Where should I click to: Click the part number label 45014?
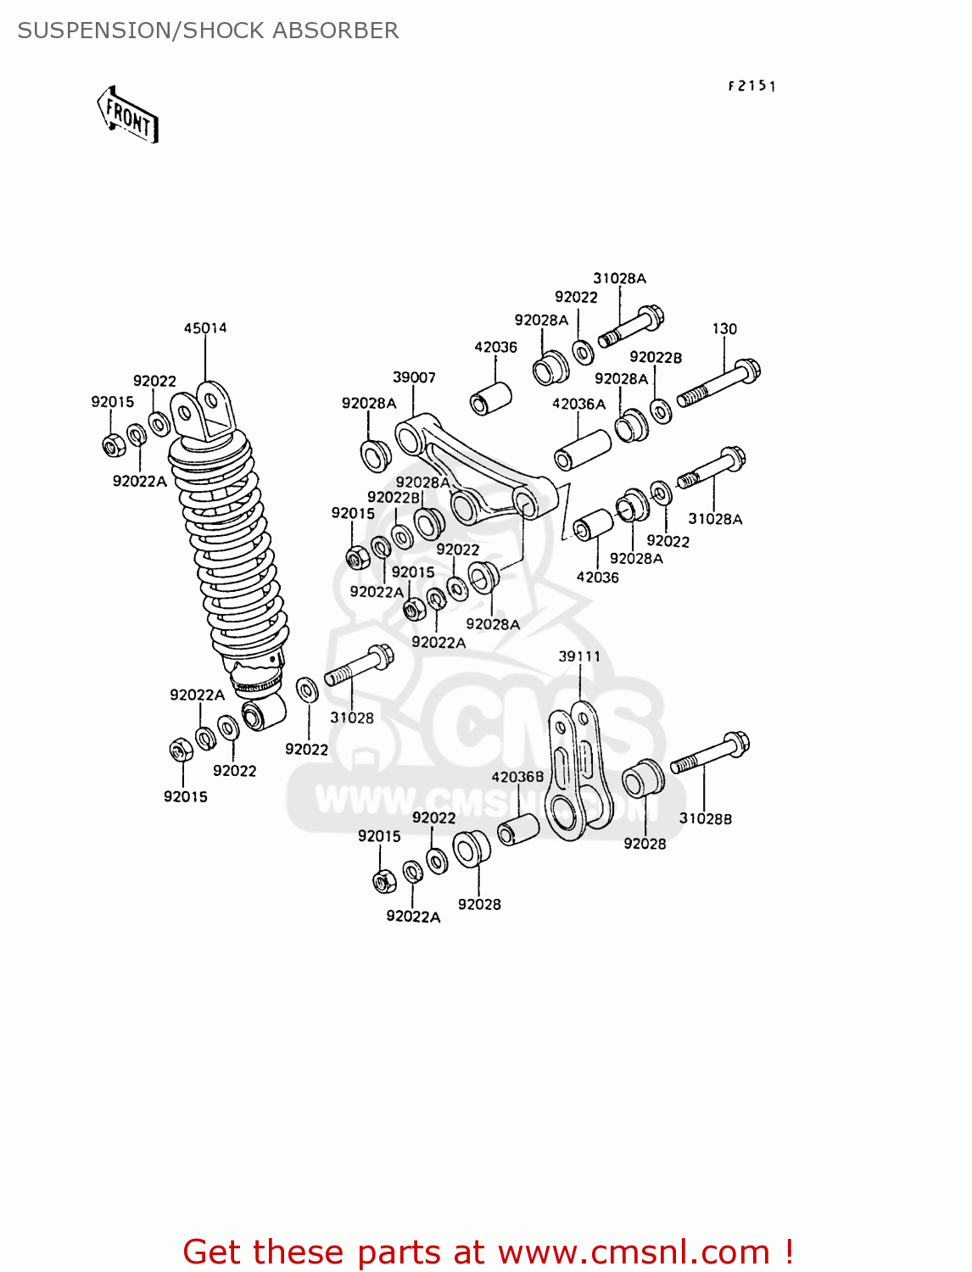pos(205,328)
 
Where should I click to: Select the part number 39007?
pos(414,377)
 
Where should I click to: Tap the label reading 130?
pos(724,329)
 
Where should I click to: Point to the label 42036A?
pos(578,404)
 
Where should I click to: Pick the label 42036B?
pos(517,777)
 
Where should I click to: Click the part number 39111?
pos(579,656)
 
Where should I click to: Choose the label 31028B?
pos(705,818)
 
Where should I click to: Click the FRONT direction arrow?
pos(128,115)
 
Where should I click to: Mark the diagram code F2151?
pos(751,86)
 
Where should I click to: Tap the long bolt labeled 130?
pos(718,384)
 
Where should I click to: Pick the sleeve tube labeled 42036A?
pos(583,449)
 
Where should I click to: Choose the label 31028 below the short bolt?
pos(351,718)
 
